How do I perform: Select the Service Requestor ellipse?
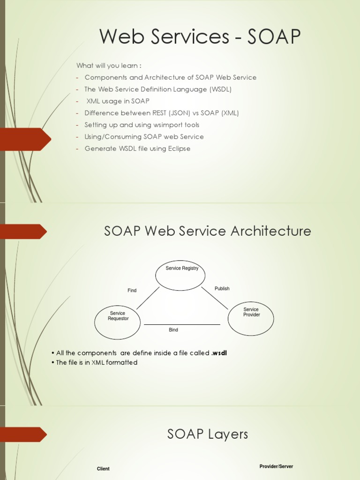[x=117, y=322]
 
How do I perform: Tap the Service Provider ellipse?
[x=251, y=319]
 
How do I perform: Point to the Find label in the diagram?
[x=132, y=291]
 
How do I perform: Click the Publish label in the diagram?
[x=222, y=289]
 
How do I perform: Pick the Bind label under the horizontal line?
[x=173, y=330]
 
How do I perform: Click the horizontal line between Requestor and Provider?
[x=182, y=324]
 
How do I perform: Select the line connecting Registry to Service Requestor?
[x=148, y=298]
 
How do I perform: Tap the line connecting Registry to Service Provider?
[x=215, y=298]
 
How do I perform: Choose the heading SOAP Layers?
[x=208, y=435]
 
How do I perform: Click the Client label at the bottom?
[x=103, y=469]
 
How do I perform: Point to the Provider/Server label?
[x=276, y=466]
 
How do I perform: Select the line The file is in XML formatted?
[x=97, y=363]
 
